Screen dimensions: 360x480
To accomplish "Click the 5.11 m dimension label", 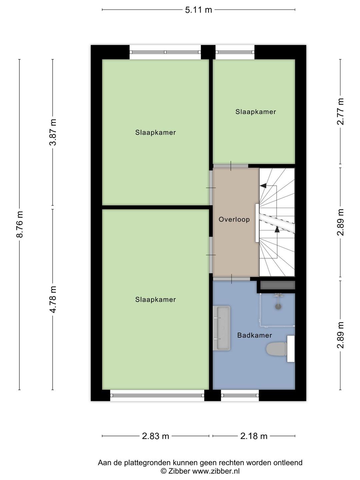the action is click(x=198, y=10).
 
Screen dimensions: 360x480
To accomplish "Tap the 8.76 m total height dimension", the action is click(x=20, y=224).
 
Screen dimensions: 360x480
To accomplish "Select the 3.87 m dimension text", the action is click(x=53, y=132).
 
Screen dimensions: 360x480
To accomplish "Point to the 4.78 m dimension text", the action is click(x=53, y=299).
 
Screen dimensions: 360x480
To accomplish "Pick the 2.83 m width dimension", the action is click(x=155, y=436).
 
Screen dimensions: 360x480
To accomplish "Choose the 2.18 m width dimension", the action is click(x=254, y=436).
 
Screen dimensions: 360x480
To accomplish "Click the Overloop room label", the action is click(x=234, y=219).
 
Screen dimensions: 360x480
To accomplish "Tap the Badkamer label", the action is click(x=254, y=335).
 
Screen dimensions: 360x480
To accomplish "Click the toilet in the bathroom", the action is click(x=277, y=349).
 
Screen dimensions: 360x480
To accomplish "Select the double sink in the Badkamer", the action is click(x=222, y=328).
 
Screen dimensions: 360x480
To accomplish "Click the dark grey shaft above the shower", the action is click(x=278, y=285).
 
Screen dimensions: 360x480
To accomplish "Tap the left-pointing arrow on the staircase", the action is click(x=263, y=186).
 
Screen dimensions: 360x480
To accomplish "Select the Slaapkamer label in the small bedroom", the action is click(x=256, y=112).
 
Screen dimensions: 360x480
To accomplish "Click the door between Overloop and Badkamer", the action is click(x=231, y=279).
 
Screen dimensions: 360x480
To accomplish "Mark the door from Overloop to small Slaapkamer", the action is click(x=231, y=166).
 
